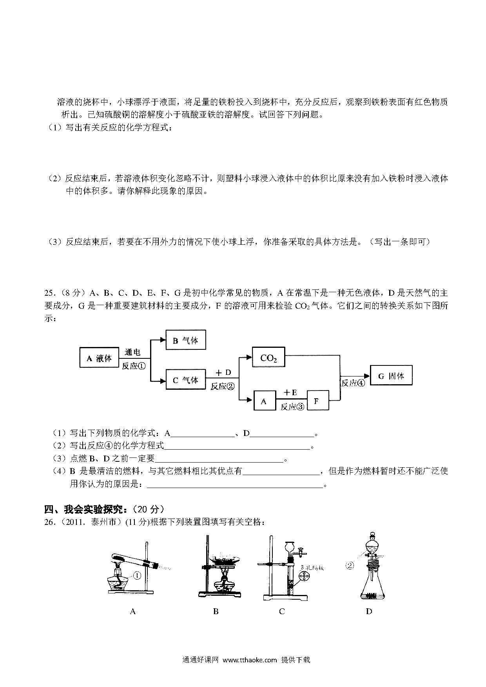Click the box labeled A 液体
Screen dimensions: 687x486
(99, 358)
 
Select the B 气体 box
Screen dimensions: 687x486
(185, 340)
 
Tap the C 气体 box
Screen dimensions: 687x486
(185, 380)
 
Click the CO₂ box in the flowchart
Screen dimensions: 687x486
(268, 358)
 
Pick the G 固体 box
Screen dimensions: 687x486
(391, 376)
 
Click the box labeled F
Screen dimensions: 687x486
(317, 400)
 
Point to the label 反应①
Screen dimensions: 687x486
(134, 367)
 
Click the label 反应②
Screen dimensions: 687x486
(222, 386)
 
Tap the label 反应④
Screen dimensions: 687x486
(353, 383)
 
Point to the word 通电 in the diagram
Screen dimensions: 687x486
(132, 352)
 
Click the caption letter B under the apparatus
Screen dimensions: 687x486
(216, 611)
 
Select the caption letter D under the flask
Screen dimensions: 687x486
(369, 611)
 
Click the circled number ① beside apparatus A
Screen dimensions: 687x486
(137, 575)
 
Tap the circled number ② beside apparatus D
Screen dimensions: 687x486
(350, 565)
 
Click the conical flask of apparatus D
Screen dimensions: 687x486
(373, 588)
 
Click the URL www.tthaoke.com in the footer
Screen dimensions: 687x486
(250, 660)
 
